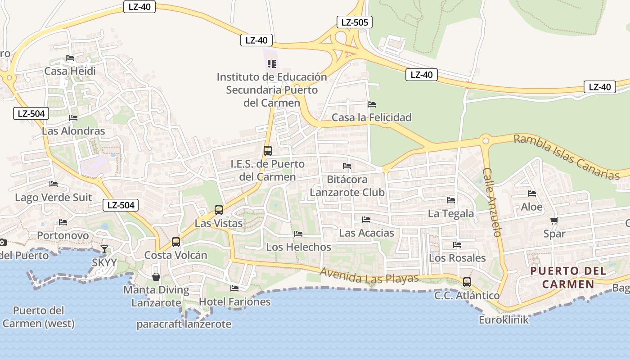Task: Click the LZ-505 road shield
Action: click(x=355, y=22)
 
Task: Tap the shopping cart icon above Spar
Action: click(x=554, y=220)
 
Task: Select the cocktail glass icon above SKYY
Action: click(x=104, y=249)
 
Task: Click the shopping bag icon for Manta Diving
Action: click(x=156, y=276)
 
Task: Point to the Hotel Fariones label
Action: click(x=235, y=301)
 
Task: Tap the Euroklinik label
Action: click(x=504, y=320)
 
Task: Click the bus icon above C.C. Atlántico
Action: click(x=467, y=282)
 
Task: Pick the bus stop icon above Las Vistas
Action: click(x=219, y=210)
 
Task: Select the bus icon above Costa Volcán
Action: click(x=176, y=242)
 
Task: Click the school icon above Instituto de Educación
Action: click(x=271, y=64)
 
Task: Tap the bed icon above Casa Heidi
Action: click(x=70, y=58)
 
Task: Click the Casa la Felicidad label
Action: click(x=372, y=117)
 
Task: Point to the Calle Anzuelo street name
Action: click(x=492, y=202)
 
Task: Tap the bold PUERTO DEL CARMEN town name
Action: click(x=569, y=278)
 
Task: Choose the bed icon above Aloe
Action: click(x=532, y=193)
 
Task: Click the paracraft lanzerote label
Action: click(x=184, y=324)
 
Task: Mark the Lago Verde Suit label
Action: click(x=53, y=198)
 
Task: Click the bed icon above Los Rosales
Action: click(x=457, y=245)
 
